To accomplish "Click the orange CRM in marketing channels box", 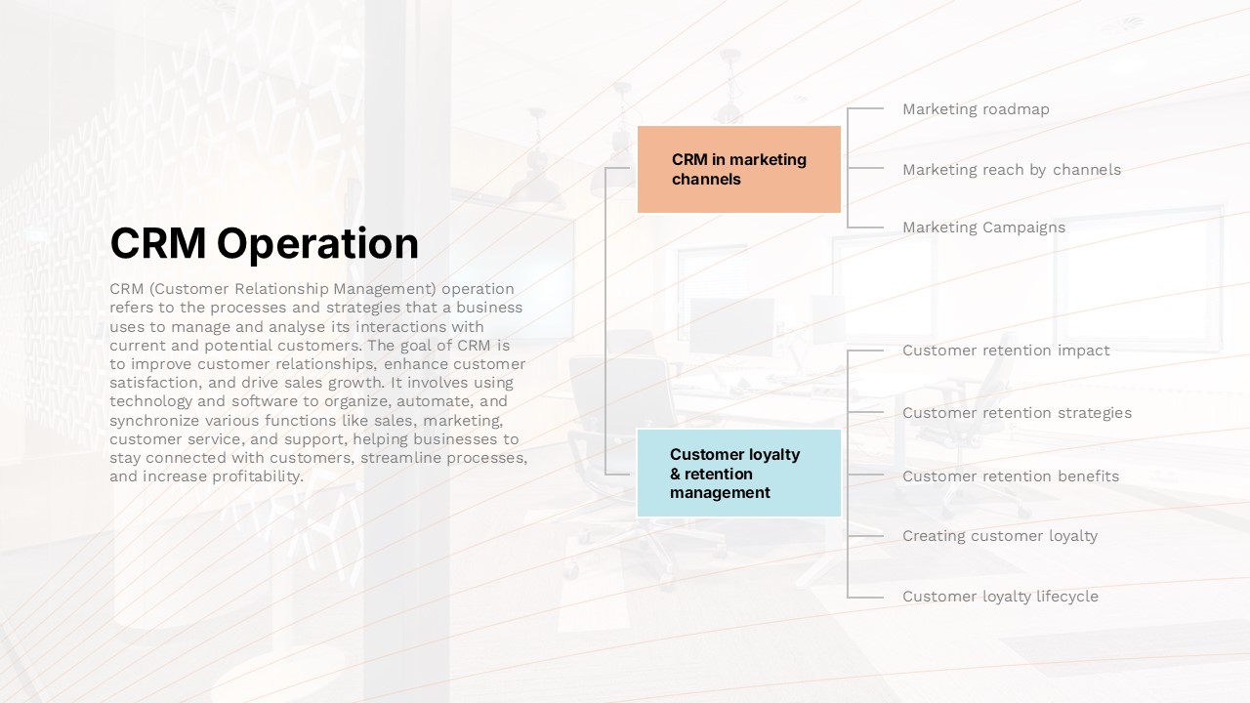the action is [739, 169].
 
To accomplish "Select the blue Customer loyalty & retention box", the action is [739, 474].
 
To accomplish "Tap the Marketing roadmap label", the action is [976, 109].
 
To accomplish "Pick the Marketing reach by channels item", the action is [1012, 170].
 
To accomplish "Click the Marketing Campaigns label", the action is [983, 227].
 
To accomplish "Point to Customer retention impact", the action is [1006, 351].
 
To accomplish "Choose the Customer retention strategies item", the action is [1017, 413].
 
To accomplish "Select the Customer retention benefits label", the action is [1011, 476].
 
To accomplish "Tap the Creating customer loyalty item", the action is [1000, 536].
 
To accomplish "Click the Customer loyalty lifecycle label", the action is [1001, 597].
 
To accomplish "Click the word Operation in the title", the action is [317, 244].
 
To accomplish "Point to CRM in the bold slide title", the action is [158, 243].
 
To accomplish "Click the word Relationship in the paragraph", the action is [281, 289].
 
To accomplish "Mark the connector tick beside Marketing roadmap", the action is [865, 108].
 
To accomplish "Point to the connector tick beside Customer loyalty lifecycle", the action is [865, 597].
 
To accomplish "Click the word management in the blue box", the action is [720, 493].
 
